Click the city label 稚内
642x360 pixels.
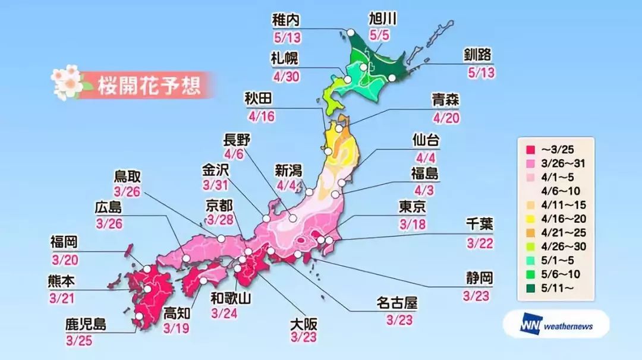pyautogui.click(x=287, y=19)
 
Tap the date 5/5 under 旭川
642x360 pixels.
pyautogui.click(x=379, y=36)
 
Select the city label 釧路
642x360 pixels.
pyautogui.click(x=478, y=55)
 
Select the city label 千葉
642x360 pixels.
pyautogui.click(x=479, y=225)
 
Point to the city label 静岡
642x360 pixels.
pyautogui.click(x=479, y=278)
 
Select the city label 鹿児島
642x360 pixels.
pyautogui.click(x=86, y=325)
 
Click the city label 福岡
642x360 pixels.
pyautogui.click(x=64, y=242)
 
